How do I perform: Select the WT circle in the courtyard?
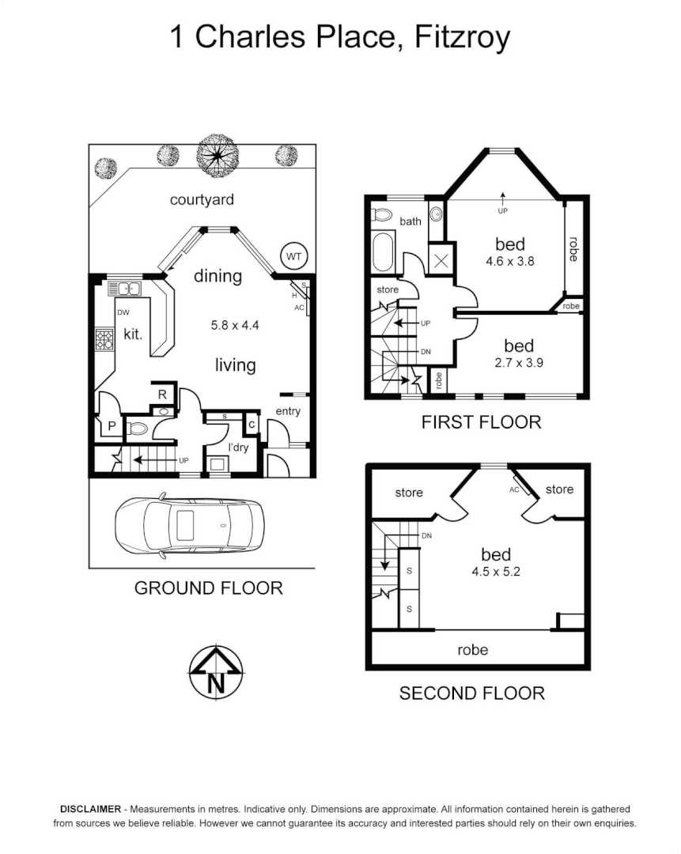coord(293,256)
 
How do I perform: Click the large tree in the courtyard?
coord(216,155)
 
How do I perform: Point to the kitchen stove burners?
coord(104,339)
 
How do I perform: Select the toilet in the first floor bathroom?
coord(383,213)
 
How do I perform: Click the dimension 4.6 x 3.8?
coord(510,260)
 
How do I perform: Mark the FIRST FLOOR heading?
coord(481,421)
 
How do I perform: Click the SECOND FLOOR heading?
coord(471,693)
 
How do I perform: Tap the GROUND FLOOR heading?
coord(208,588)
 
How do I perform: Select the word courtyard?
coord(202,199)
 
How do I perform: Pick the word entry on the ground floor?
coord(288,412)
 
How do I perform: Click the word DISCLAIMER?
coord(90,809)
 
